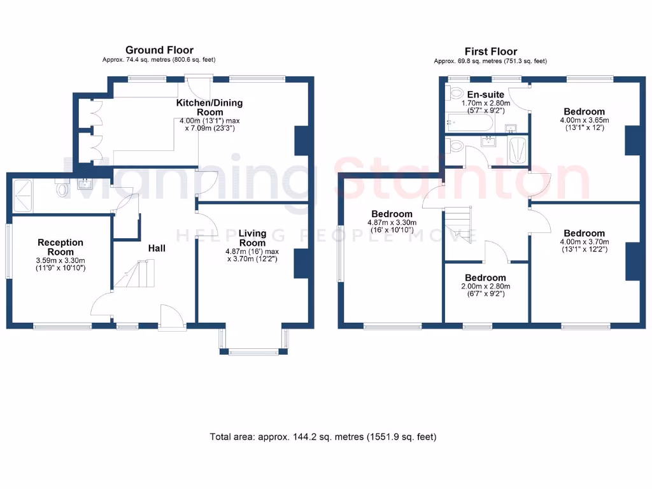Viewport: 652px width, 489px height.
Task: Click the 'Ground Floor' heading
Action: (x=159, y=50)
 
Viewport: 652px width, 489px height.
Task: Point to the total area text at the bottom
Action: (x=323, y=437)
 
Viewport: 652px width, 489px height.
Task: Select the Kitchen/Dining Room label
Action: (x=209, y=108)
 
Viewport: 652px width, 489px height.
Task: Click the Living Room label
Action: (x=252, y=238)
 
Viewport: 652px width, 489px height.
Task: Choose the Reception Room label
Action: (x=60, y=246)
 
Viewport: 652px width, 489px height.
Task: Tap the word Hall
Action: (x=157, y=248)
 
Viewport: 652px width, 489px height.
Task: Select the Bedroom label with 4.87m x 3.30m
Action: (x=392, y=214)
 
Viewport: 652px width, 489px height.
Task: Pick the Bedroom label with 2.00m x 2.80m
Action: (x=485, y=278)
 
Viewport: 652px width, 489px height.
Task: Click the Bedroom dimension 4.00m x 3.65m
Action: (x=585, y=120)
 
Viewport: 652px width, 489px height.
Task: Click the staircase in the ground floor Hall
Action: (x=134, y=274)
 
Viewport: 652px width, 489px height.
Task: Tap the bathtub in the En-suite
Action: (x=468, y=121)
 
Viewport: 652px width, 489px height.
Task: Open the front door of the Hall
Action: (x=169, y=316)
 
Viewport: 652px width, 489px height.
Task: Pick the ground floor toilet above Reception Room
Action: (x=62, y=189)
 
